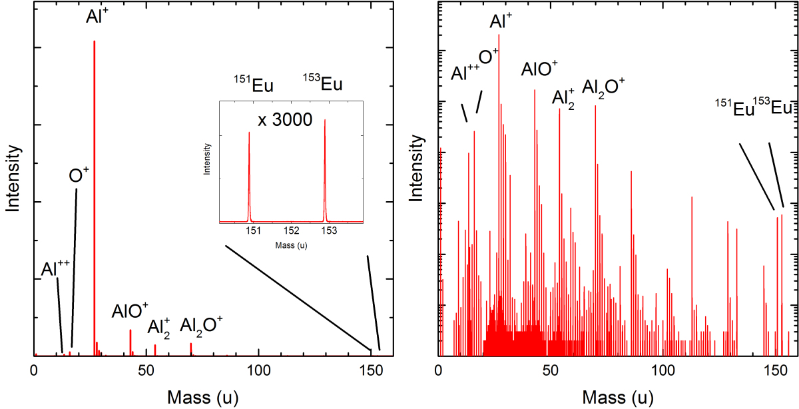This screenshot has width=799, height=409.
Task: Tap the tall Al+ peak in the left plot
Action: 95,200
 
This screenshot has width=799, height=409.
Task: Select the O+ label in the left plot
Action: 79,175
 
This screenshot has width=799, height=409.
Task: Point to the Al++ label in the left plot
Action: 56,268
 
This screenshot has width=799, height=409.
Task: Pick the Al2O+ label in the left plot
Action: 202,325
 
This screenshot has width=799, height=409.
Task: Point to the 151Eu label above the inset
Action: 253,85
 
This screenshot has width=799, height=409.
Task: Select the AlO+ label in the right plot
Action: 540,70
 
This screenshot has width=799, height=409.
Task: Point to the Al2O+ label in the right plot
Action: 604,86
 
